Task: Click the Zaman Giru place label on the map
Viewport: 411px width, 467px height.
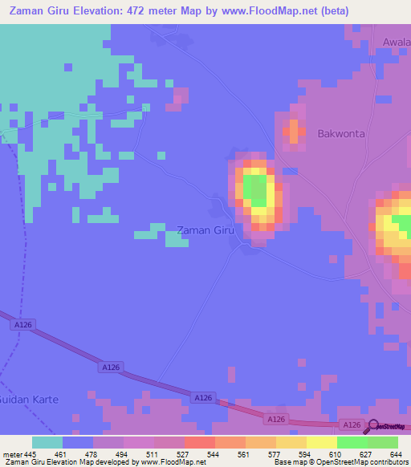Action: (205, 230)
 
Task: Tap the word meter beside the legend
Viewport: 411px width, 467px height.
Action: (12, 454)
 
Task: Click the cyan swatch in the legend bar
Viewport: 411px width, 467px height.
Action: (47, 442)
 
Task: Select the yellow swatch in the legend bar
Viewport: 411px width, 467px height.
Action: (321, 442)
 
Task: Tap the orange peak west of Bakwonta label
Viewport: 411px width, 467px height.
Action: (294, 131)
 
